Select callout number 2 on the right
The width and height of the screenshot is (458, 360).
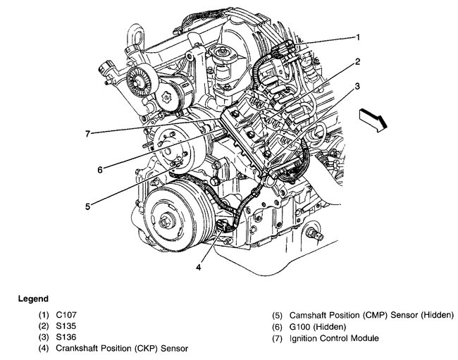click(358, 62)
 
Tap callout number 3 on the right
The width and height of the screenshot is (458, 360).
click(359, 87)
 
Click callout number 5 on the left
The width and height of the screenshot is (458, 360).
click(87, 206)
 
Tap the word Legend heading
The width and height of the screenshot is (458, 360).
click(33, 299)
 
